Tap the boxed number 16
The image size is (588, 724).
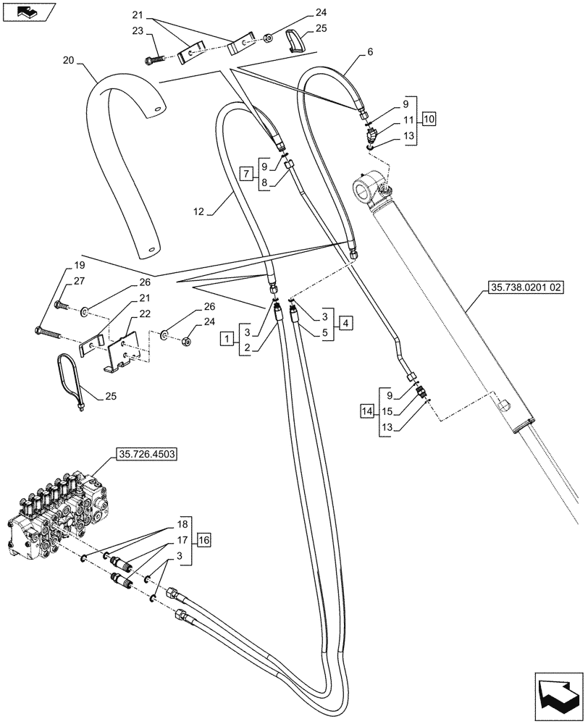(x=203, y=539)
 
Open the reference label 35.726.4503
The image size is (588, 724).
(x=146, y=455)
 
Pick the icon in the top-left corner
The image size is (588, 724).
(x=28, y=12)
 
